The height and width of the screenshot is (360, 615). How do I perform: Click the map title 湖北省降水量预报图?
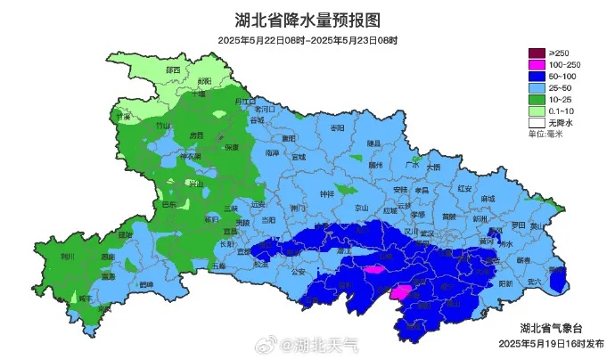coord(307,20)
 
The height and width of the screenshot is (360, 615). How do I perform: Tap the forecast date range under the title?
coord(307,40)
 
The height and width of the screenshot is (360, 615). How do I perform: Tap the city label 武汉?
coord(426,233)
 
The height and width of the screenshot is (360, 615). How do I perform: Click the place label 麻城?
coord(488,199)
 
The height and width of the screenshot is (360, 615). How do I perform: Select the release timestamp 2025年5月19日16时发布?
coord(550,343)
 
